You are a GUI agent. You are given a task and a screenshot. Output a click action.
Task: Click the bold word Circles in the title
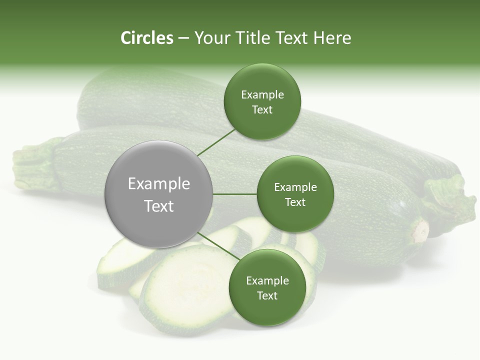(147, 38)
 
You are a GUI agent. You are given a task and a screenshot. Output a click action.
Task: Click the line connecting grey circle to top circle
(216, 142)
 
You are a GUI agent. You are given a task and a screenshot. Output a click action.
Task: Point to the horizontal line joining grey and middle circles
(235, 194)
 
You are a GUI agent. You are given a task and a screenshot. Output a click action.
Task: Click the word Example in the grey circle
(159, 184)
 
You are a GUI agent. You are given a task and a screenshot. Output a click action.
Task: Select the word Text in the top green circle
(262, 110)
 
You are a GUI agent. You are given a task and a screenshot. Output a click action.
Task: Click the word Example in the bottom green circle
(267, 281)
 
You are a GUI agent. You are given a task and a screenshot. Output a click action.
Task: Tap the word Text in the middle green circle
(295, 202)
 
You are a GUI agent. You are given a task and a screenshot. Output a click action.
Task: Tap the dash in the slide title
(183, 38)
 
